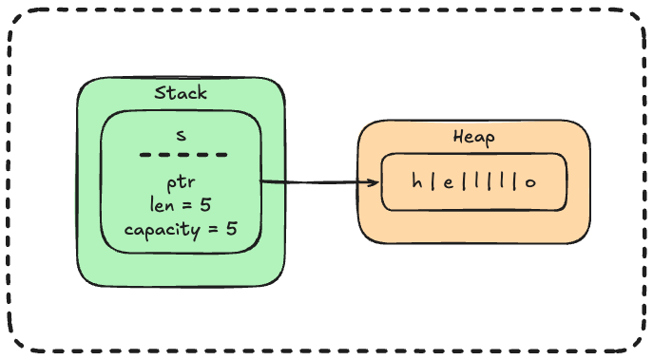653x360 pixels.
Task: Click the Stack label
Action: tap(181, 94)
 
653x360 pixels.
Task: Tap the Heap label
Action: tap(473, 138)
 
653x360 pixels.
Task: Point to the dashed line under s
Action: tap(182, 155)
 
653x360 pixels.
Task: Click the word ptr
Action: tap(181, 182)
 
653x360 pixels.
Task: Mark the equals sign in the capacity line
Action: tap(215, 229)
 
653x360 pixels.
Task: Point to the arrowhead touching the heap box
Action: tap(373, 183)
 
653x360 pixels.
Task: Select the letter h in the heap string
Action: tap(416, 181)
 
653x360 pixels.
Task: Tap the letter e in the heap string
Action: tap(445, 181)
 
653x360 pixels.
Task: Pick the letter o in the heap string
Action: tap(529, 181)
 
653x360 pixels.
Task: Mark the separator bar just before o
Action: tap(515, 181)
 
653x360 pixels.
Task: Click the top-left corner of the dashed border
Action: tap(21, 21)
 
